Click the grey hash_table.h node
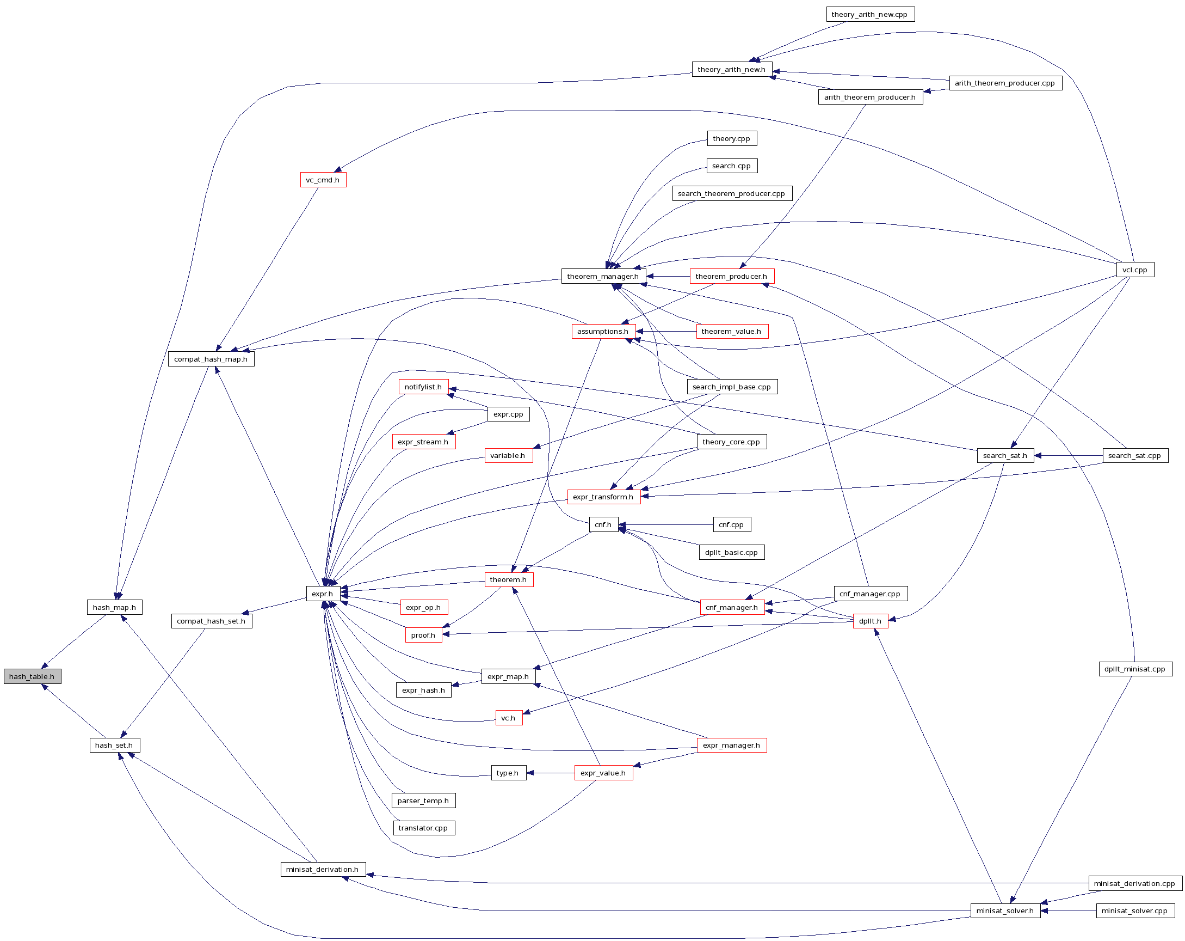coord(32,676)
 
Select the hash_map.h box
coord(114,607)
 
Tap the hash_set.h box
coord(114,744)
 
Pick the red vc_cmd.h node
coord(323,180)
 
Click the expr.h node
coord(322,594)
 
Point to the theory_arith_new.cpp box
coord(869,14)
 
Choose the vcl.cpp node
coord(1134,270)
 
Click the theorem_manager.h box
coord(603,276)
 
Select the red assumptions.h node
coord(603,331)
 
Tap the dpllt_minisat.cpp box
coord(1135,669)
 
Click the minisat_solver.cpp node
coord(1134,911)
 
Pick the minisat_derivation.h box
coord(323,869)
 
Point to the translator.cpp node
coord(423,828)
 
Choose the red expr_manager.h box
coord(731,745)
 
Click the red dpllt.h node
coord(870,621)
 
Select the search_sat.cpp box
coord(1134,455)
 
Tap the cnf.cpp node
coord(731,524)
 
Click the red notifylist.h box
coord(423,387)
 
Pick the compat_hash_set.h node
coord(211,621)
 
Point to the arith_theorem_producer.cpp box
coord(1005,83)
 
